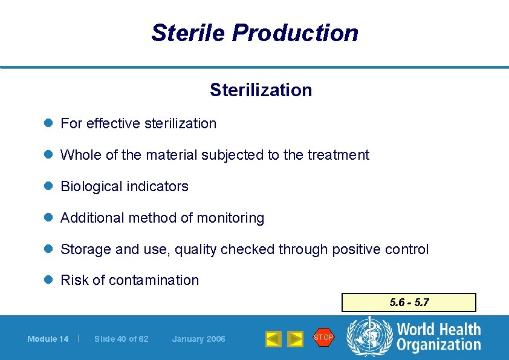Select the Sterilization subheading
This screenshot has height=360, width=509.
(x=261, y=90)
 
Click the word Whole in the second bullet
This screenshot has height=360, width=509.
(x=81, y=155)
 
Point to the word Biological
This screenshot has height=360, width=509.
(x=89, y=186)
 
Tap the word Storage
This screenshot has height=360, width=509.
(x=84, y=249)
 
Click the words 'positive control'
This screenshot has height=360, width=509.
(x=383, y=249)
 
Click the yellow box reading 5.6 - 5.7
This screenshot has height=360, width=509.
(x=409, y=303)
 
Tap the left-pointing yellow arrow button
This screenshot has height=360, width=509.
(x=273, y=339)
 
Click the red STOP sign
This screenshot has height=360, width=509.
(x=323, y=337)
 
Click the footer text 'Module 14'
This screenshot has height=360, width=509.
(x=48, y=339)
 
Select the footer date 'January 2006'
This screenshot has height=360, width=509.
(x=198, y=339)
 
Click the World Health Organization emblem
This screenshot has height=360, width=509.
(x=369, y=337)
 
